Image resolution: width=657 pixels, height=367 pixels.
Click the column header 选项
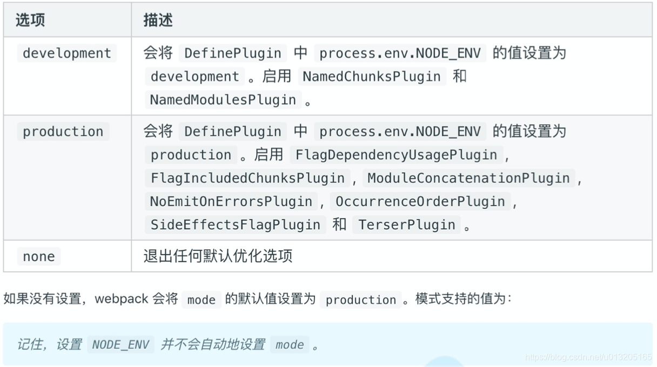30,21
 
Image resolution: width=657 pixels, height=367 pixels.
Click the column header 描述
158,21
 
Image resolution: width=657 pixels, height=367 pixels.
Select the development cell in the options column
66,53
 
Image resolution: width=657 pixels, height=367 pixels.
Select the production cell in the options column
63,132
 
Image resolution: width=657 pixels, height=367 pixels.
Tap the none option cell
38,256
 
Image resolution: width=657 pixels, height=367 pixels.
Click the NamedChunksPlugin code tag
372,77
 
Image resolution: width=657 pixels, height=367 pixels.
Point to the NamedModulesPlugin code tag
223,100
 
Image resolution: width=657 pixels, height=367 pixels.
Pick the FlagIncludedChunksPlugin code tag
247,178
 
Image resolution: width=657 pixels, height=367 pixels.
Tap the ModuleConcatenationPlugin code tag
468,178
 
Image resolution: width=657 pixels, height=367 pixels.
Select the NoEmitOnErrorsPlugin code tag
231,201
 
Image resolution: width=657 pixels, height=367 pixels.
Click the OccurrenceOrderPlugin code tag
420,201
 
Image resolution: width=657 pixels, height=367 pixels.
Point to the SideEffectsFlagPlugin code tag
235,225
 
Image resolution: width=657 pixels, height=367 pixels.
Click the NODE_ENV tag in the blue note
120,344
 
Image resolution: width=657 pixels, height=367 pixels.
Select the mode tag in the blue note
290,344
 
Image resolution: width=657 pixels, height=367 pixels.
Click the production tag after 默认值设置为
360,300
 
